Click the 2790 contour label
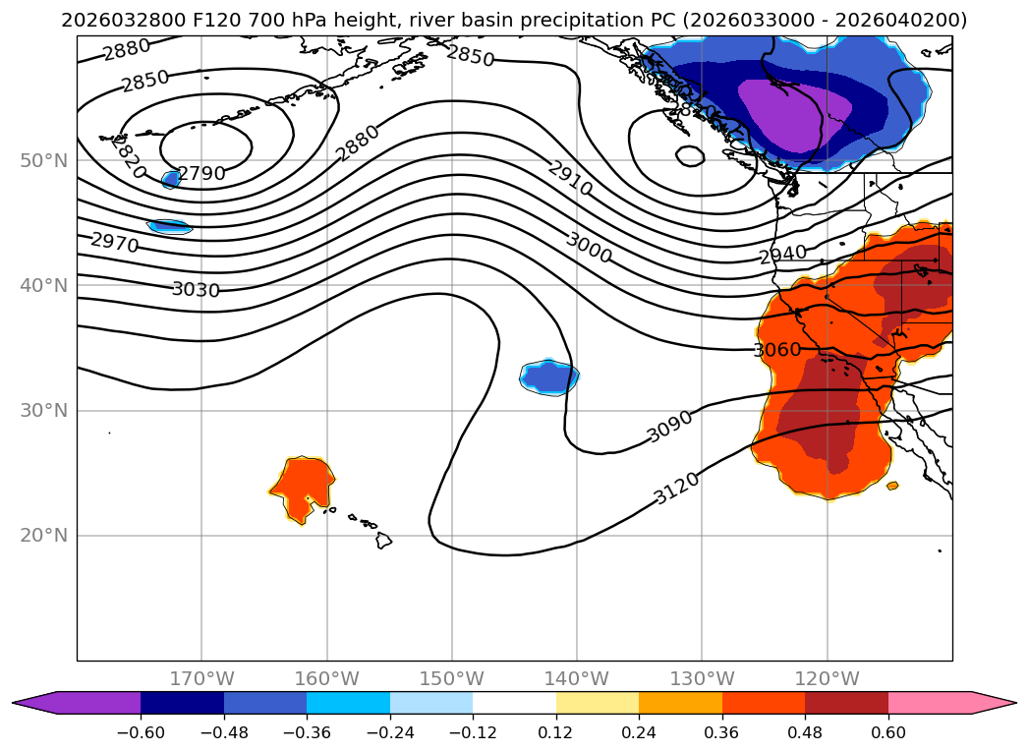(x=201, y=174)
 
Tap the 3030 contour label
(x=196, y=289)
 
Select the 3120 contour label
(x=676, y=488)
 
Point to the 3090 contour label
(x=670, y=426)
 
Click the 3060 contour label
(x=777, y=349)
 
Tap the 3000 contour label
(x=589, y=248)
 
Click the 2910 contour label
(x=570, y=178)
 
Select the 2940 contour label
(x=782, y=255)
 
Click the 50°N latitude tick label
(x=43, y=160)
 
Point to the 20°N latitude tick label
(x=43, y=536)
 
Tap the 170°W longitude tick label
(x=201, y=678)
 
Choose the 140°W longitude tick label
(x=577, y=678)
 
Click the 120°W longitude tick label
(x=828, y=678)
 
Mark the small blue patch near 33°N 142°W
(x=548, y=376)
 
